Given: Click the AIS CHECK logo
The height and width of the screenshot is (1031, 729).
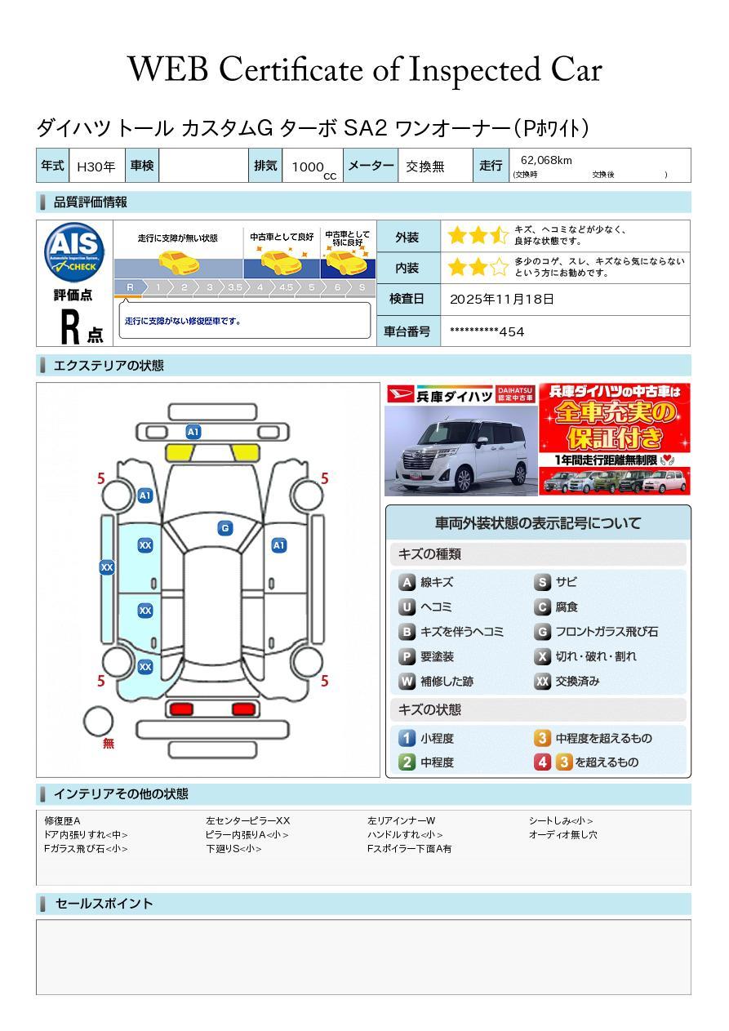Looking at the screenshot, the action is [x=74, y=253].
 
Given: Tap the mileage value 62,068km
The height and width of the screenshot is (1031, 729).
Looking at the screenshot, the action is [x=546, y=160].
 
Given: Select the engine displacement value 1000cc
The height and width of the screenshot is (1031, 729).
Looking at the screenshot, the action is [x=313, y=168].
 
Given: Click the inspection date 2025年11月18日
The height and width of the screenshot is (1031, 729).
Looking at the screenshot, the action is [x=502, y=299].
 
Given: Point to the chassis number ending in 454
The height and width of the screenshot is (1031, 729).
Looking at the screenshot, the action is [x=487, y=331].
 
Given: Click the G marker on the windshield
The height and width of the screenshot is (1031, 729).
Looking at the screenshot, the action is [x=225, y=528].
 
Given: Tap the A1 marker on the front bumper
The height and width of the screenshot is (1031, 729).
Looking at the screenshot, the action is [x=193, y=432].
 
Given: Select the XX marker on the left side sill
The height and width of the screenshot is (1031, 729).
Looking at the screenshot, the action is [x=107, y=567].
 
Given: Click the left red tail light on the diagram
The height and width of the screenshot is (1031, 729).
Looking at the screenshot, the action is [x=181, y=709].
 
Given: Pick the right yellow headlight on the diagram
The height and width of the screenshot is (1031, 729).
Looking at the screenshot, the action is [x=245, y=453].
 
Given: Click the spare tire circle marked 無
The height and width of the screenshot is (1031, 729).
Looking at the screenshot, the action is [x=98, y=722].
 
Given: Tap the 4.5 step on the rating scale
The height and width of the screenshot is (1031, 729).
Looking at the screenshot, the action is [x=286, y=287].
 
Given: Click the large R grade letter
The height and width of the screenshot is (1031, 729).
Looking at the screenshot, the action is [x=70, y=327].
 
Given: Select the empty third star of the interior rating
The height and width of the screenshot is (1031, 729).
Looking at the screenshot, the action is [x=500, y=267].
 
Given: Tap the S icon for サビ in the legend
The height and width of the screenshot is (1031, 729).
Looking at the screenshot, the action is [x=542, y=582].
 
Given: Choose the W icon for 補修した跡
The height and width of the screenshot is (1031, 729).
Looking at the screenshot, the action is [x=407, y=681].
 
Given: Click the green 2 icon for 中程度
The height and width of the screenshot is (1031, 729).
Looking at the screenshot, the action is [x=407, y=762].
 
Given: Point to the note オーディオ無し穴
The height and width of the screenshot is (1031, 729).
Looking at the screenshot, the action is [x=562, y=834].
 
